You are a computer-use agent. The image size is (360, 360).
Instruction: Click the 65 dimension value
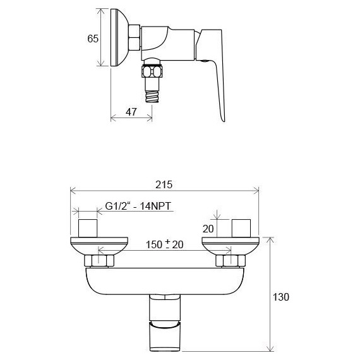pos(93,39)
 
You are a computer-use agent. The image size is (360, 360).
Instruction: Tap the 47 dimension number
pos(131,112)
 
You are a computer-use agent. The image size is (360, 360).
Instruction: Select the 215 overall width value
pos(164,184)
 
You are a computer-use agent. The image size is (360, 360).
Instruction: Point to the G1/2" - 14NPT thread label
pos(138,206)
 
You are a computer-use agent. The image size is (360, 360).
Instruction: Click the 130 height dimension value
pos(281,297)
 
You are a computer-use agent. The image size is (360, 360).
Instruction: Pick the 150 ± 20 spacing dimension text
pos(165,244)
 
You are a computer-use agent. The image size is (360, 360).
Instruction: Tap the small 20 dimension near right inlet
pos(208,229)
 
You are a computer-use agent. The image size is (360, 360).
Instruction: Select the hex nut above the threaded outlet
pos(153,71)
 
